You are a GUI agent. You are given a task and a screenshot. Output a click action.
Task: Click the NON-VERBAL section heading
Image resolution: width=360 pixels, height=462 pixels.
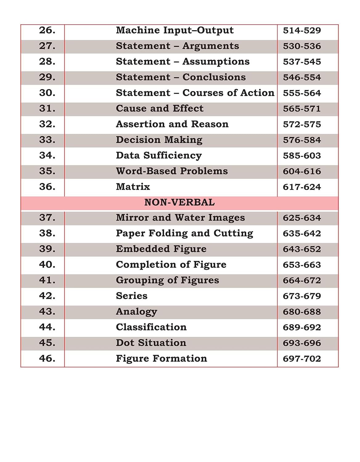pos(179,202)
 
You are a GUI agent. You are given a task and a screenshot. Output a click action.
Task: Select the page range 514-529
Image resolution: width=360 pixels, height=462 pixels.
pos(302,30)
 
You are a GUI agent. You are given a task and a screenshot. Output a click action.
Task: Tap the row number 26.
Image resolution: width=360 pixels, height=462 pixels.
pos(47,30)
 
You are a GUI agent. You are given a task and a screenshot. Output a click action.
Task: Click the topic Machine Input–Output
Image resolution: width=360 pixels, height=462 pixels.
pos(174,30)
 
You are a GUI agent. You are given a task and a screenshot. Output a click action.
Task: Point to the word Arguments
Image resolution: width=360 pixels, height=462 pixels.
pos(211,46)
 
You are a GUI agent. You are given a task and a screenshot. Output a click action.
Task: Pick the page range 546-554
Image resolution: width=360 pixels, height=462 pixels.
pos(302,77)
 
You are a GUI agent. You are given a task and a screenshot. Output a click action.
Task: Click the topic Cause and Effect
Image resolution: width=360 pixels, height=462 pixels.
pos(159,108)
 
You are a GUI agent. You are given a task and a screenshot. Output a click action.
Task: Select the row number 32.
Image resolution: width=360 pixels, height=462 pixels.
pos(47,124)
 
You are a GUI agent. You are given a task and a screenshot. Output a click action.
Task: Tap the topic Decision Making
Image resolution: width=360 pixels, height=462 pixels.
pos(159,140)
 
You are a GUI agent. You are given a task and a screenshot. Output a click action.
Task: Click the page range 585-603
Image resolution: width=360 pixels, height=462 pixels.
pos(302,156)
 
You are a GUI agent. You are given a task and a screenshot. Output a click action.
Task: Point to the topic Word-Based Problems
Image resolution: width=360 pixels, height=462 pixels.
pos(172,171)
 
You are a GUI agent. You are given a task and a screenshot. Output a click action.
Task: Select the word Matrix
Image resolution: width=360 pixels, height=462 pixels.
pos(133,187)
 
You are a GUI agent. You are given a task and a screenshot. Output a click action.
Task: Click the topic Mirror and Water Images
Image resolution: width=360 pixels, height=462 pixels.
pos(180,218)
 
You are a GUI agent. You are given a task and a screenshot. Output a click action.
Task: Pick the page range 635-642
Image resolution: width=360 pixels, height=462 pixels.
pos(302,233)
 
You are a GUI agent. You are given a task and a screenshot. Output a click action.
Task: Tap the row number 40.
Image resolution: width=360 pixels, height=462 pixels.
pos(47,265)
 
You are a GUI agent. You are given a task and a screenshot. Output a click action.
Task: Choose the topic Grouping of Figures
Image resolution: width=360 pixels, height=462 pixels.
pos(167,280)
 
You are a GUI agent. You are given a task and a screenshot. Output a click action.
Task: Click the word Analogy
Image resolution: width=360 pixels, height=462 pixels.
pos(136,312)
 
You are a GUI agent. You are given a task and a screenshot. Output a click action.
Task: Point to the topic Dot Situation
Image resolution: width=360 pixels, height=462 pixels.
pos(151,343)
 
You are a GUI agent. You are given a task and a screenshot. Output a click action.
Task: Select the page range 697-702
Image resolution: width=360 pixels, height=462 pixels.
pos(302,359)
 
